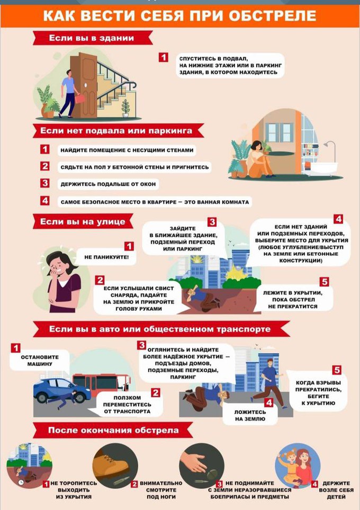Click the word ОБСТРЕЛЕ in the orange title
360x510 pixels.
(x=273, y=15)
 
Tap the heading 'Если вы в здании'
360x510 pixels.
(x=92, y=38)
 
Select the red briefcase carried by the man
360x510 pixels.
(x=79, y=98)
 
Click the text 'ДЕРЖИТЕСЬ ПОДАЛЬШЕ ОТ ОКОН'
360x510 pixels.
(x=108, y=184)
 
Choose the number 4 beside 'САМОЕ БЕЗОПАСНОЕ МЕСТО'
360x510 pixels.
(x=45, y=200)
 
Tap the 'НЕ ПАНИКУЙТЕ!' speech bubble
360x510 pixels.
(x=106, y=257)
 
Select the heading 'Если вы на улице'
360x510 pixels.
(x=83, y=222)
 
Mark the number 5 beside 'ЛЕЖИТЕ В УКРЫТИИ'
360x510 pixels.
(x=324, y=281)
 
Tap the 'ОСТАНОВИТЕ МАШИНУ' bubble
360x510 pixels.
(x=40, y=360)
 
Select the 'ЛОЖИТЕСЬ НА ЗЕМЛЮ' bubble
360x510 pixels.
(x=250, y=415)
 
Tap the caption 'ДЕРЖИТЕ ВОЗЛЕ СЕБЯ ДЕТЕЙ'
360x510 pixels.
(x=336, y=490)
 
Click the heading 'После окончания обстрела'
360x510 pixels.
(x=113, y=431)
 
